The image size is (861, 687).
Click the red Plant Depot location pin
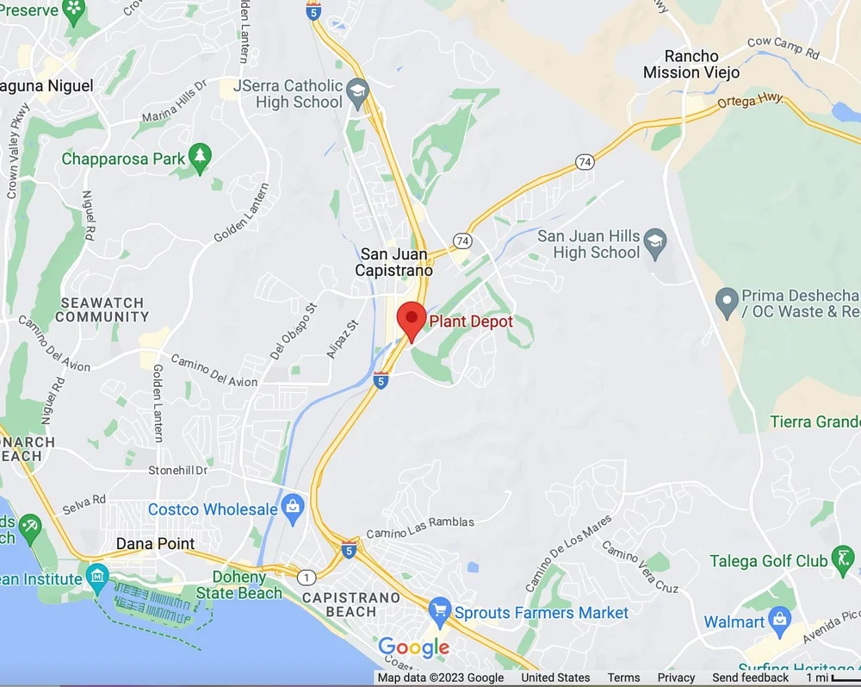(412, 321)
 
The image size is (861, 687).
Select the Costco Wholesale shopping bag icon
(294, 508)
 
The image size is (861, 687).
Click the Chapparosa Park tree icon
(201, 157)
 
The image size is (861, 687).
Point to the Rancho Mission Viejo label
(691, 65)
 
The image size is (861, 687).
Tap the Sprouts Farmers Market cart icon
(440, 612)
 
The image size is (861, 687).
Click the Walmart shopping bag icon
(780, 620)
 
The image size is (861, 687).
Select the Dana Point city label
(156, 544)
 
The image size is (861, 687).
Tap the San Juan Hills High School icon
(655, 241)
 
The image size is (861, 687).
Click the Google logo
(413, 647)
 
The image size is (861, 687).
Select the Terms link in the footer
(623, 678)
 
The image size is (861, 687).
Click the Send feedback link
(750, 678)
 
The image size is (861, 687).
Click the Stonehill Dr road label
(178, 471)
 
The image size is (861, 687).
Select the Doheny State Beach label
(238, 585)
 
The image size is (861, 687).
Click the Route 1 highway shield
(307, 577)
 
